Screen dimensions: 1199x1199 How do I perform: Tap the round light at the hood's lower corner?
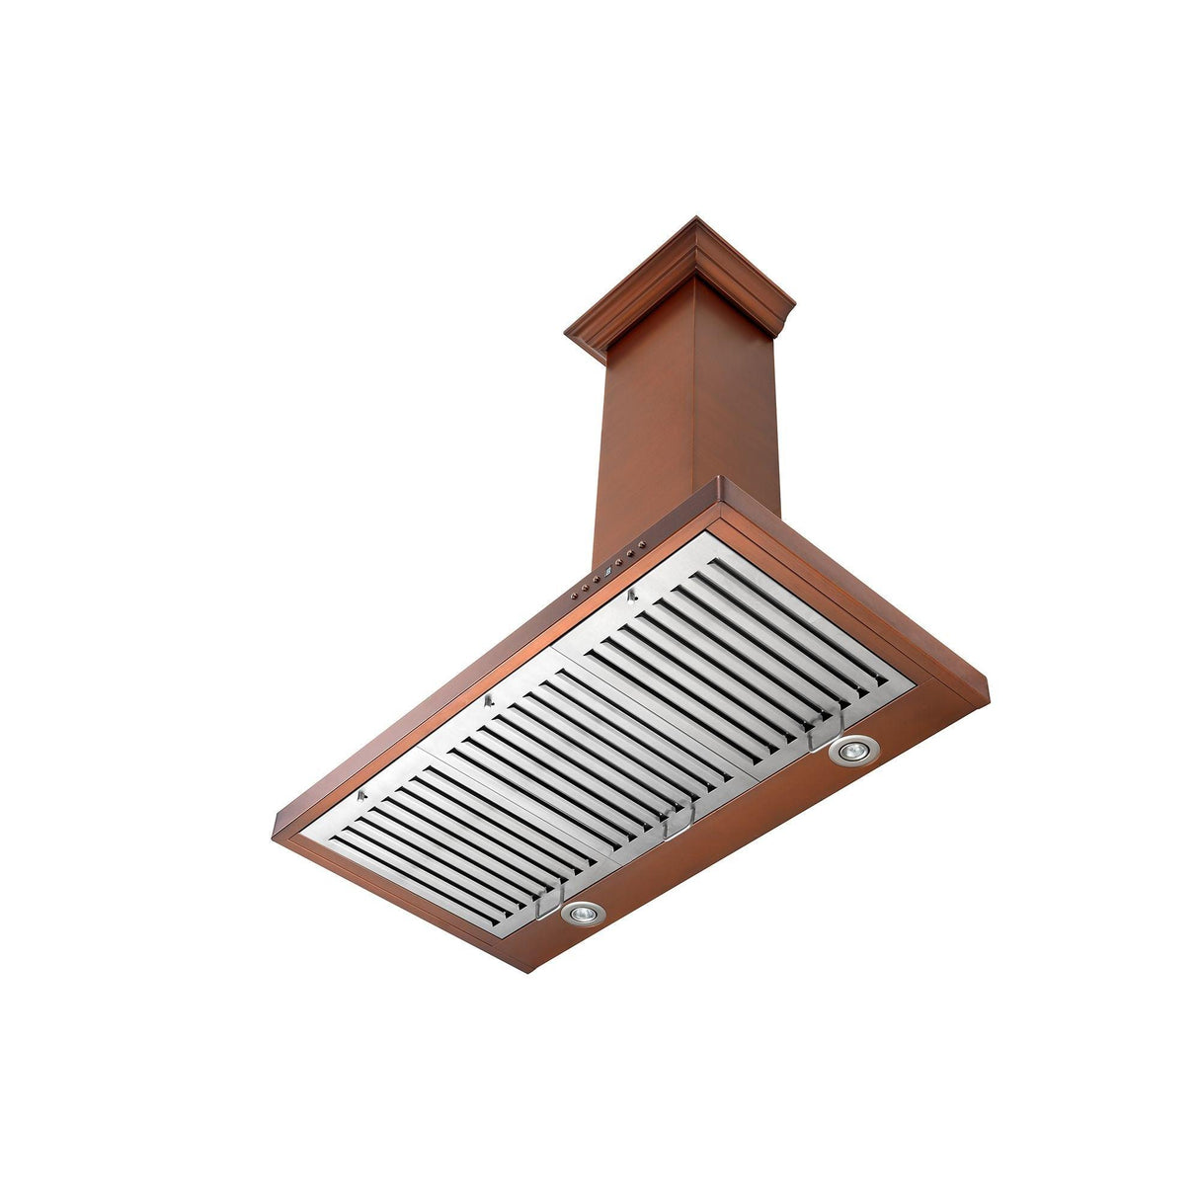point(582,915)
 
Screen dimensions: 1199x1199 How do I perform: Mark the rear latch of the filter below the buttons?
point(630,595)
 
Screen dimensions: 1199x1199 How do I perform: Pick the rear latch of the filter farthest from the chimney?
point(362,795)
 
